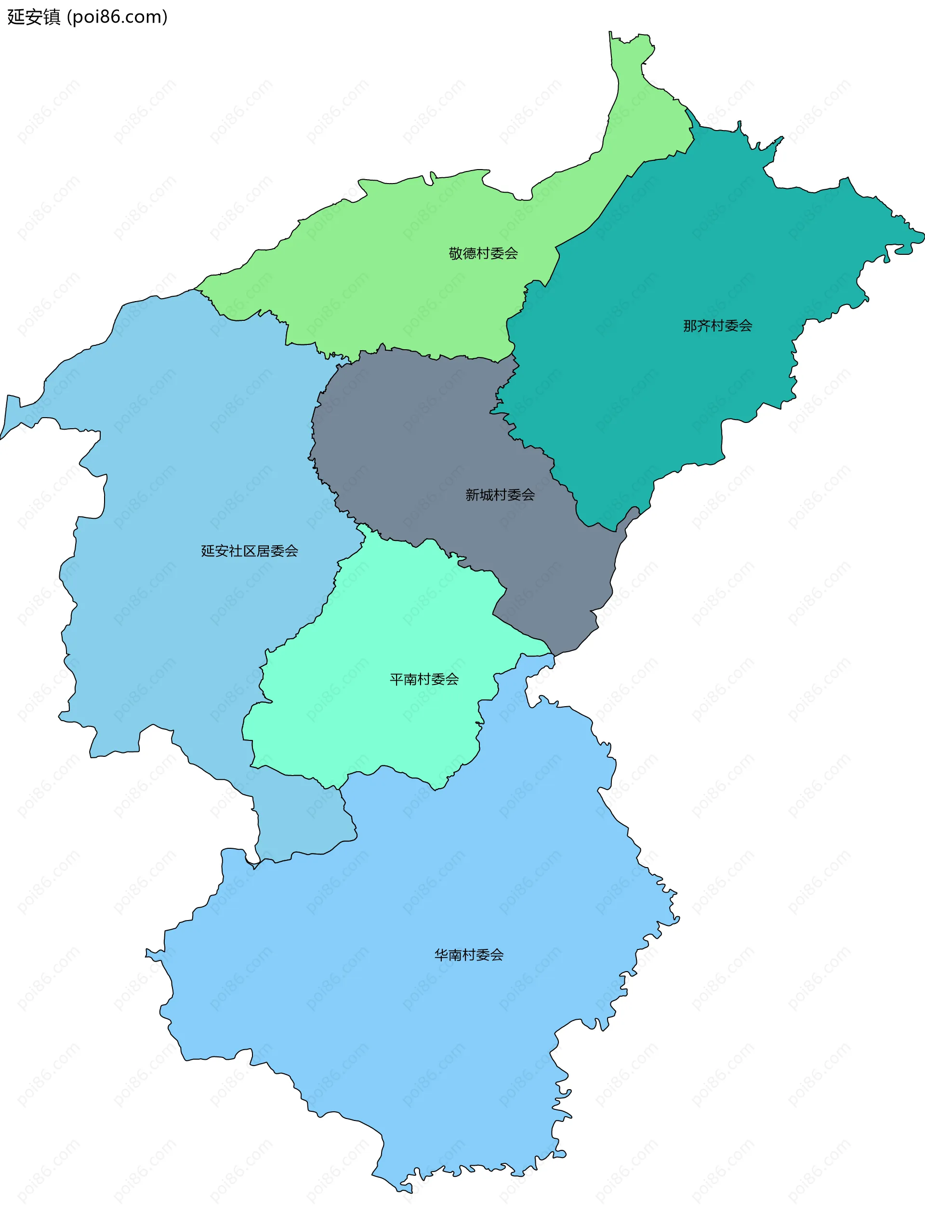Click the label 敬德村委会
483,254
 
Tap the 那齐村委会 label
717,326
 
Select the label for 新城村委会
500,495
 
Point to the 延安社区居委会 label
249,551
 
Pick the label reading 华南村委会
469,954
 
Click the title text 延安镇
33,17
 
